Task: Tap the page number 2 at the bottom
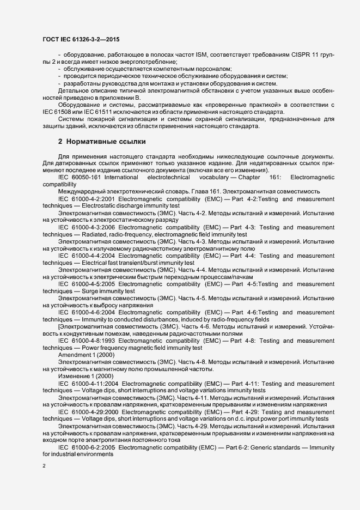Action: (x=44, y=465)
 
